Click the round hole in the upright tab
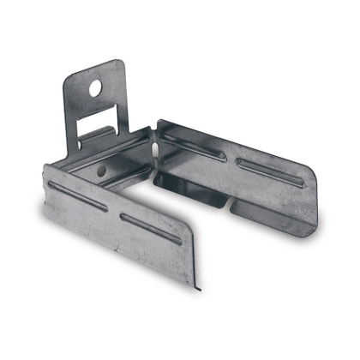coord(95,87)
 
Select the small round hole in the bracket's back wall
coord(102,171)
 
